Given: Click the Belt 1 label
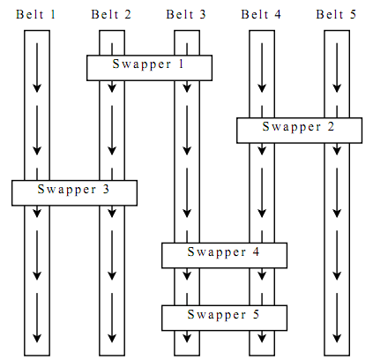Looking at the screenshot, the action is (x=35, y=14).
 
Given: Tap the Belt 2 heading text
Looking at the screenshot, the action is (x=111, y=14).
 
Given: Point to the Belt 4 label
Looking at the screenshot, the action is (x=261, y=14).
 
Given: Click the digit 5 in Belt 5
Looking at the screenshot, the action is (x=353, y=14).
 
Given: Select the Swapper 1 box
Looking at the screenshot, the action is (x=149, y=68).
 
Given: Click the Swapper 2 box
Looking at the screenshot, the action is (x=299, y=131).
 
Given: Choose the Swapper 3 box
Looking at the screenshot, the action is (x=74, y=193).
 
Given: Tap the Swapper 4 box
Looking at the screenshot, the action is (x=224, y=255).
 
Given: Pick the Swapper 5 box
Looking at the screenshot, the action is (x=224, y=318).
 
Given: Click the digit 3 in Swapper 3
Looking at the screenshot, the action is (x=106, y=189).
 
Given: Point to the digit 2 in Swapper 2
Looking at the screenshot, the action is (x=331, y=126).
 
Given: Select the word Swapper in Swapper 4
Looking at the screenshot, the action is (x=217, y=252).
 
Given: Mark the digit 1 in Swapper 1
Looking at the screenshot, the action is (x=181, y=64).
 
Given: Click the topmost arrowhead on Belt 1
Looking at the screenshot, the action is (x=37, y=88).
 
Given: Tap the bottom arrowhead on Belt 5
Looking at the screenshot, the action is (x=337, y=338).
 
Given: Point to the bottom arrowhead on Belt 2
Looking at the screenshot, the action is (x=112, y=338).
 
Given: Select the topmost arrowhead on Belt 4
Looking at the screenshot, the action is (x=262, y=88).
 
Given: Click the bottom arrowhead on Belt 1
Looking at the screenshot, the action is (x=37, y=338).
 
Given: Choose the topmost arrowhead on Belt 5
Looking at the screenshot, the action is (x=337, y=88).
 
